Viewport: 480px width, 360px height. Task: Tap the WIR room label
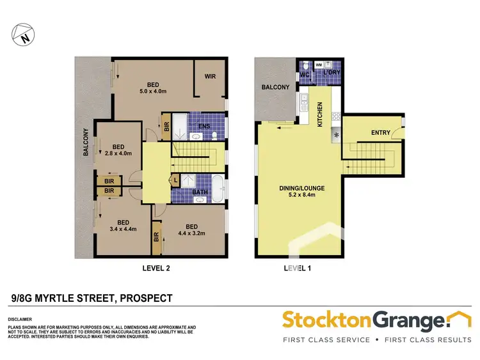[x=211, y=76]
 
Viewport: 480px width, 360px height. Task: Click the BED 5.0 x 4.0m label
[x=152, y=88]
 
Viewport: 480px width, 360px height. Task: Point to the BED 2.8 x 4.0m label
[x=117, y=149]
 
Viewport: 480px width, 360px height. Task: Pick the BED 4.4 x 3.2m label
[x=191, y=230]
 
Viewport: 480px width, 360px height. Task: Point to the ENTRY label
[x=380, y=132]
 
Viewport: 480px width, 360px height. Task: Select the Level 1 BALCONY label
[x=275, y=87]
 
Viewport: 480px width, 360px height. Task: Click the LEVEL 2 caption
[x=156, y=269]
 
